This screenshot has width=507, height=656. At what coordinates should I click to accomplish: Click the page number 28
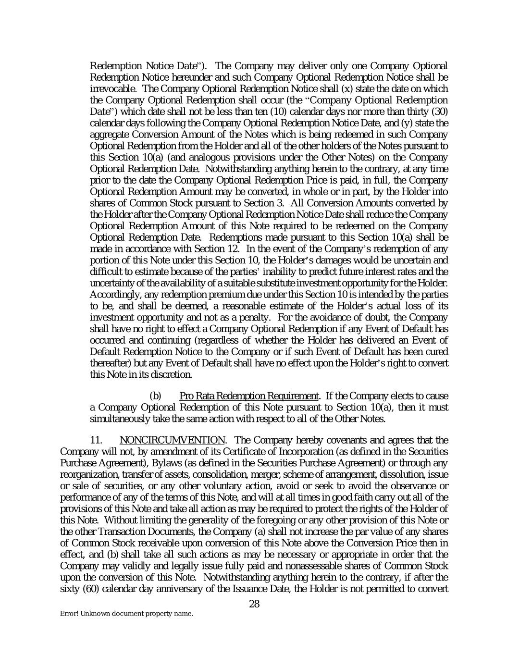point(254,604)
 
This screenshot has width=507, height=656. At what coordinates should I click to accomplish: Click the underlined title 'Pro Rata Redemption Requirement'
point(248,396)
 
